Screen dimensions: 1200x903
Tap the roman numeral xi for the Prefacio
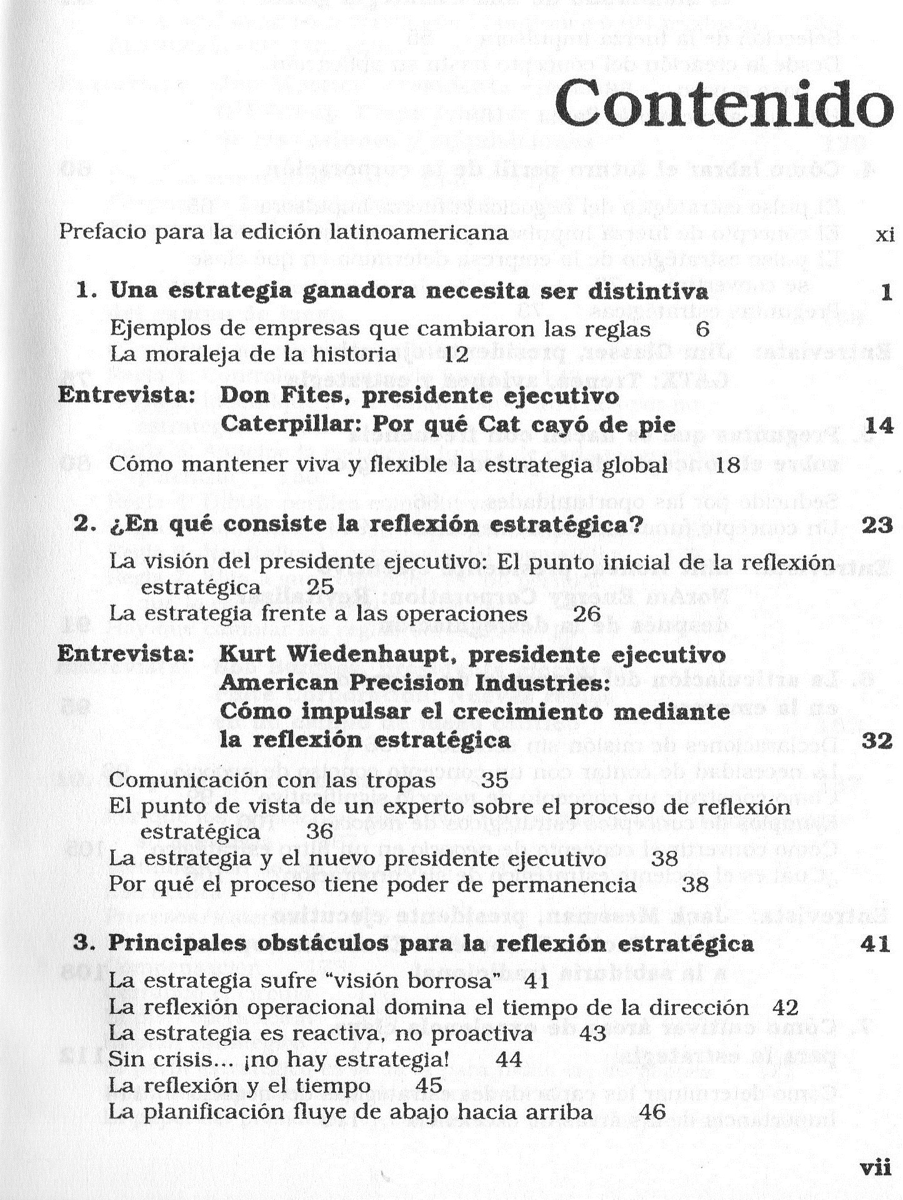click(885, 235)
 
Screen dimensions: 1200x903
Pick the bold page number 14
click(879, 426)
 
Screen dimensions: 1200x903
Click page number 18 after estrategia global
click(727, 465)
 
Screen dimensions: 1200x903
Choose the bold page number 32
click(877, 741)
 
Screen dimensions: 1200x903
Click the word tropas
click(400, 780)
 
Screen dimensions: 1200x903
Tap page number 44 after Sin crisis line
click(508, 1059)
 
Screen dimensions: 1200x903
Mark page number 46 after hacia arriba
click(653, 1112)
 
